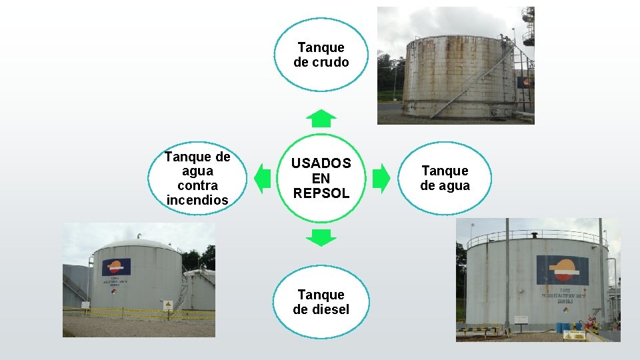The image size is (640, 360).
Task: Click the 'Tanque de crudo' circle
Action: point(321,55)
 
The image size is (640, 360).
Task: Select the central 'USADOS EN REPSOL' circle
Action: point(321,178)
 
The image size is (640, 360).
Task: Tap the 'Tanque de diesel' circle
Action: point(321,302)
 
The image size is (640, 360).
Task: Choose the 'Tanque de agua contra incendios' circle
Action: point(197,178)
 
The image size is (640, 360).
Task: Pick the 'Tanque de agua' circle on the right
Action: point(445,178)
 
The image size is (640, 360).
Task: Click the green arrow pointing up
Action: point(321,118)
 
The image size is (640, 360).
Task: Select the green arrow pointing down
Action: point(321,237)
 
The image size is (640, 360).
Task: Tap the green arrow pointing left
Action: point(262,178)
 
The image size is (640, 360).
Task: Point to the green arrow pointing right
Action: point(381,178)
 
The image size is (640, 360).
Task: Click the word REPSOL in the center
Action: point(321,193)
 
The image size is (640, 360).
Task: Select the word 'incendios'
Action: point(197,200)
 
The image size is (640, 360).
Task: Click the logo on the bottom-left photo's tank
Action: point(117,267)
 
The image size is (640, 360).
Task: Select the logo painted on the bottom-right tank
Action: point(563,269)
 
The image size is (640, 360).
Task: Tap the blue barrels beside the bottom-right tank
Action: point(563,327)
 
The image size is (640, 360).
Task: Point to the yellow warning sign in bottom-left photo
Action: point(168,305)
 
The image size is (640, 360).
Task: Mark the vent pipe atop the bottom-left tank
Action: point(139,236)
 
